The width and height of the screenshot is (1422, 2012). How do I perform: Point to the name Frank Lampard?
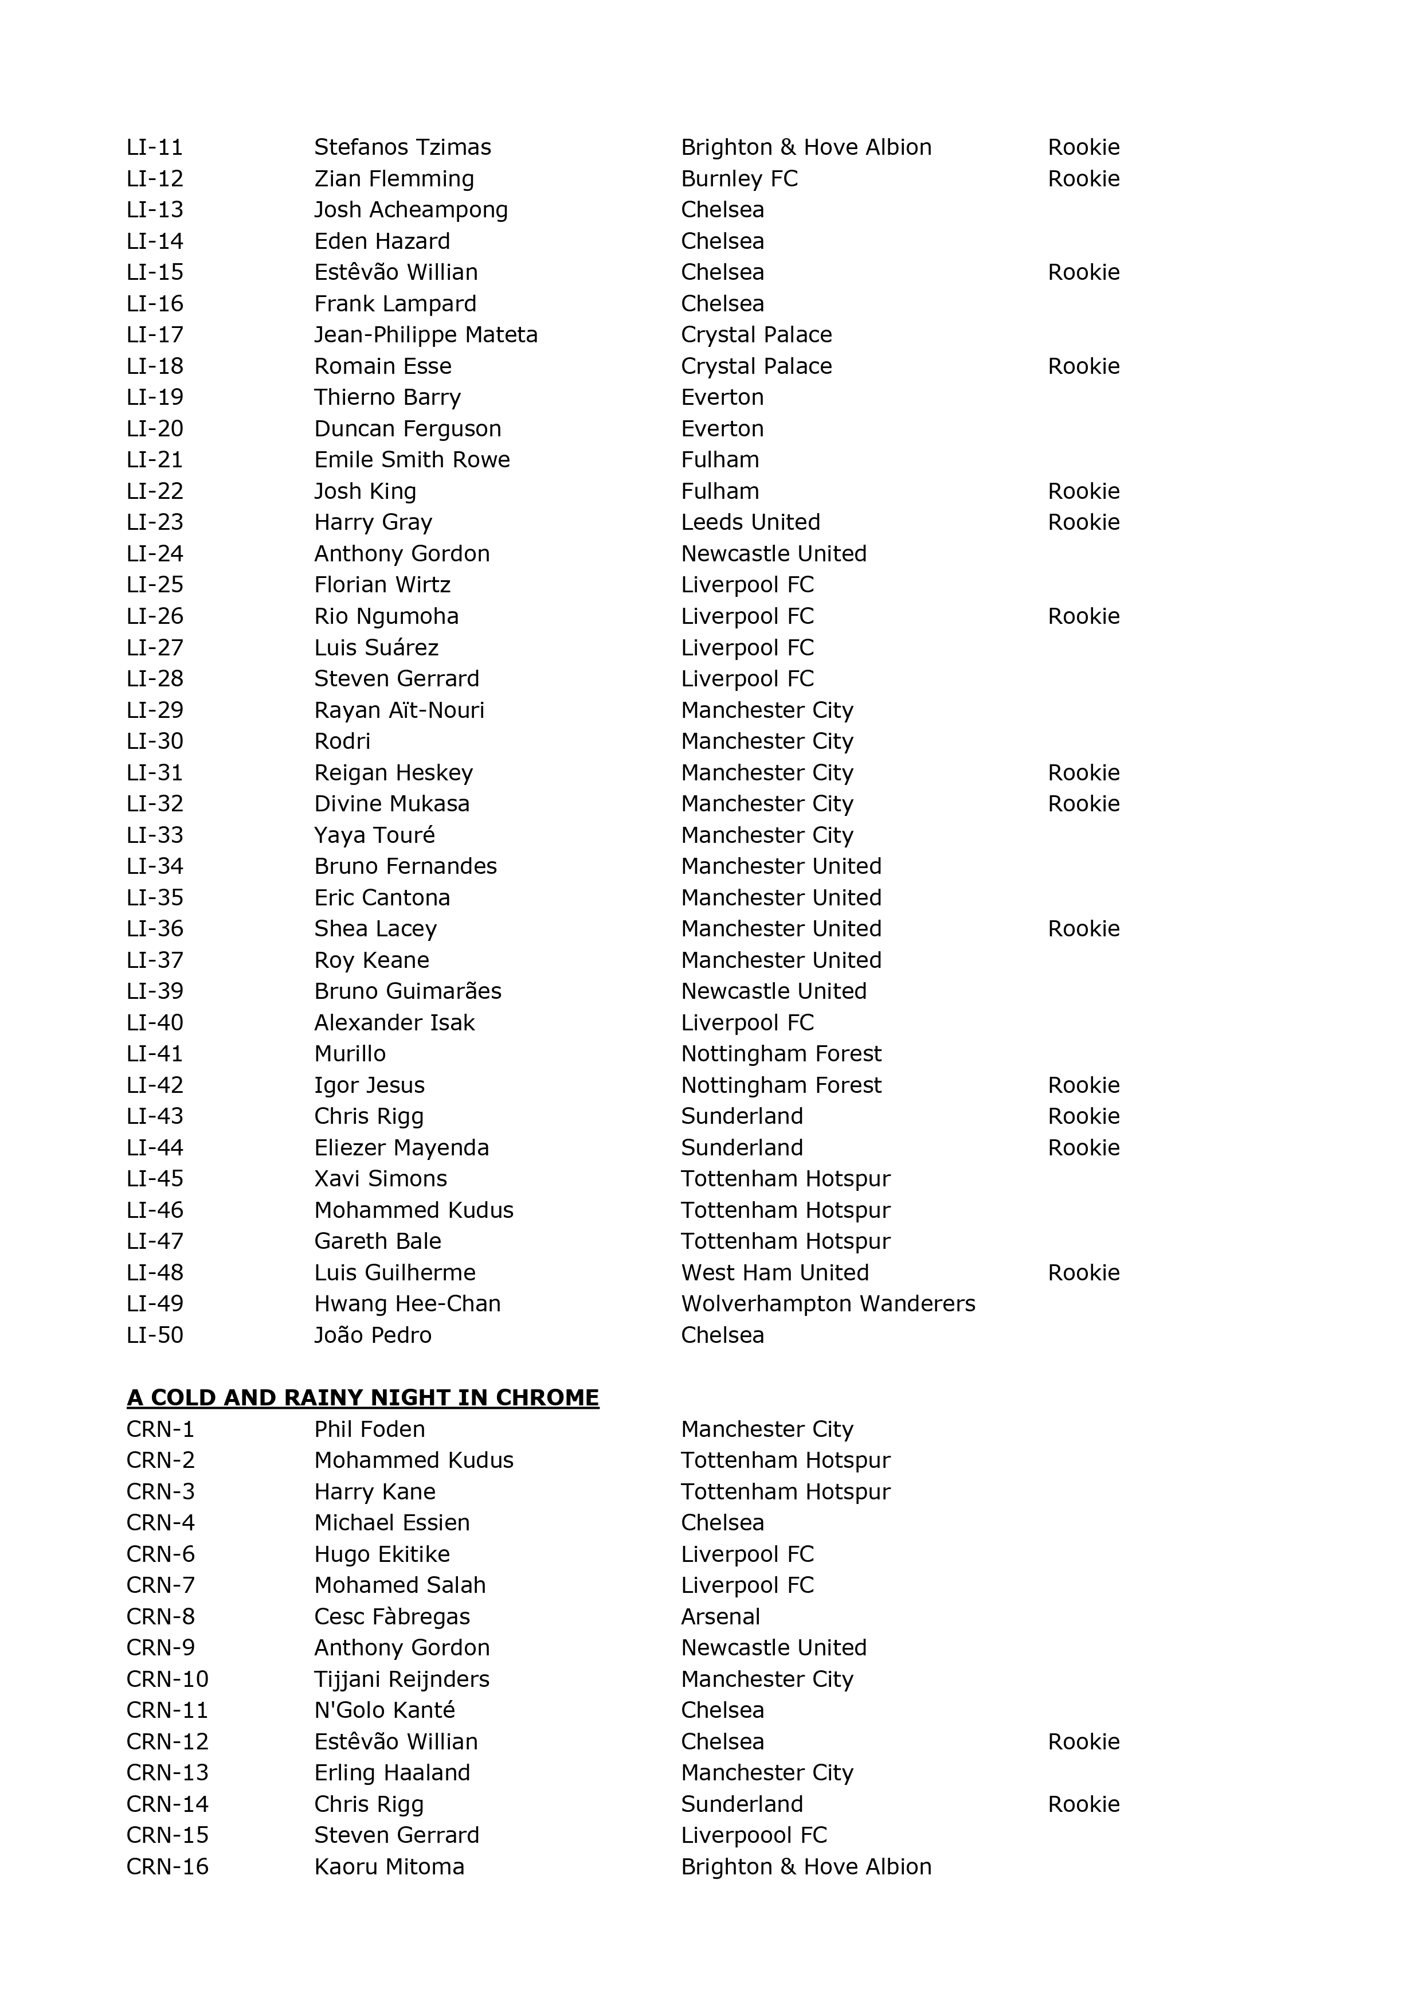(395, 303)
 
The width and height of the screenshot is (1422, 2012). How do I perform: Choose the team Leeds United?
(750, 522)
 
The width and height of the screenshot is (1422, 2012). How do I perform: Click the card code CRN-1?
(160, 1429)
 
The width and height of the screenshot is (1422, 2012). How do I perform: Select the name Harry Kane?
(374, 1491)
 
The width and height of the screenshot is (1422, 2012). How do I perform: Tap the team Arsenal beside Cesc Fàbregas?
(720, 1617)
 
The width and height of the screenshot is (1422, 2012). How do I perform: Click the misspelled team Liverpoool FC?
(754, 1835)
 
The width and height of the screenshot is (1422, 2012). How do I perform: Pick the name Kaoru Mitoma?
(389, 1866)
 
